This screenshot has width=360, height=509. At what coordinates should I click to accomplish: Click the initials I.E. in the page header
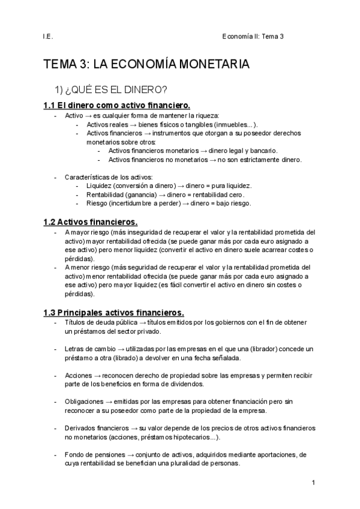pos(49,36)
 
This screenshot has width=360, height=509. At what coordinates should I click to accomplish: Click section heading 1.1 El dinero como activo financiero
pos(118,106)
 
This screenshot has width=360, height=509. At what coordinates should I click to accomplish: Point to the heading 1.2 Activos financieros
pos(91,221)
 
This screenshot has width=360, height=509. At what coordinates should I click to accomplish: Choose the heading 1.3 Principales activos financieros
pos(114,312)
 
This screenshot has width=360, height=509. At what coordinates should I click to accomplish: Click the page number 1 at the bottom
pos(313,482)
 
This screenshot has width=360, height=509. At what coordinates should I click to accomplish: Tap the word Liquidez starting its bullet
pos(99,186)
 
